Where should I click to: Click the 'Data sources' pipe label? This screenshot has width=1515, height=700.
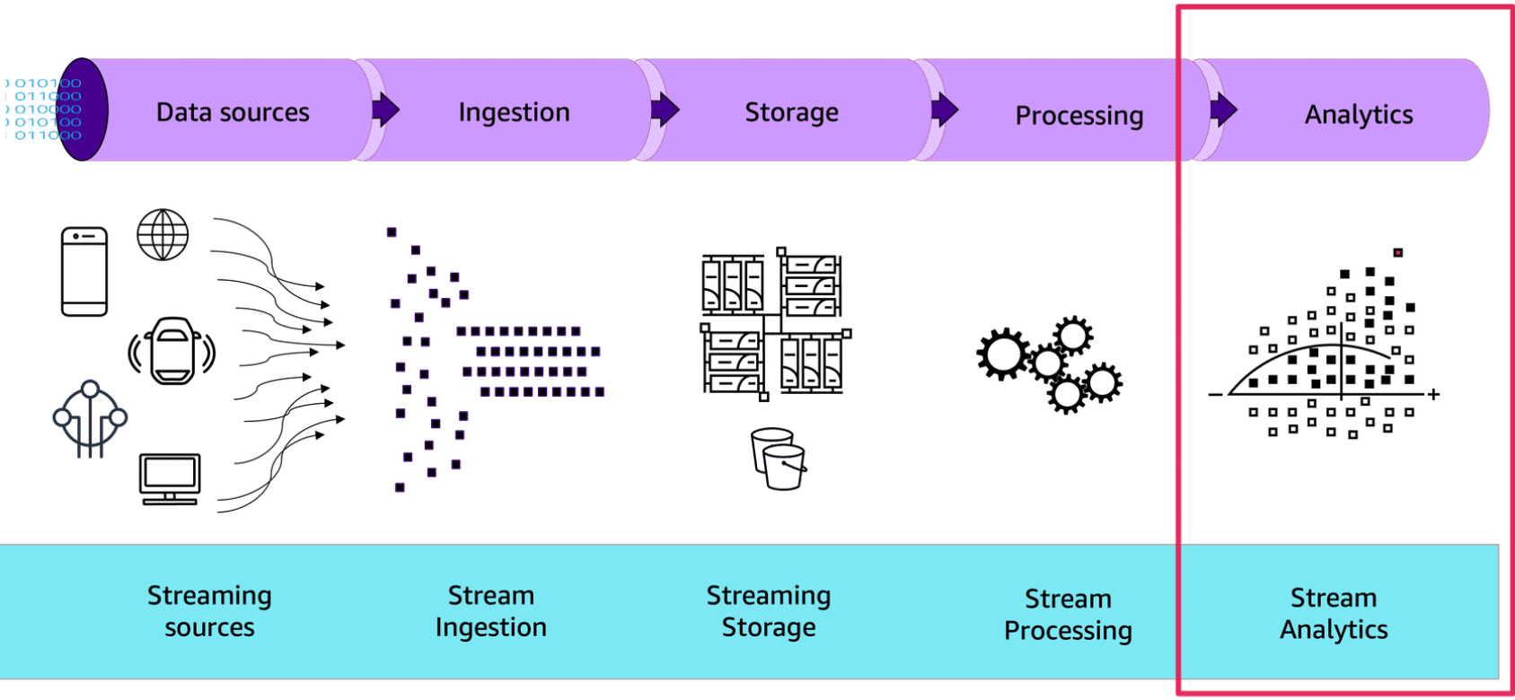point(233,112)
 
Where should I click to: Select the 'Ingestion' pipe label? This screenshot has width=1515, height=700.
point(514,112)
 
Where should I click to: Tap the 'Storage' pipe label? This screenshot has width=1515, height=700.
point(791,112)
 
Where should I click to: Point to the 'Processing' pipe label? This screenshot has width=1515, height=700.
point(1079,116)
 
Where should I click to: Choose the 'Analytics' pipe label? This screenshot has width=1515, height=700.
point(1358,115)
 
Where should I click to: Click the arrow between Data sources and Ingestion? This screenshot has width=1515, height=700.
point(385,110)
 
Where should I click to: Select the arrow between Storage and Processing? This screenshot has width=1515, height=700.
point(944,110)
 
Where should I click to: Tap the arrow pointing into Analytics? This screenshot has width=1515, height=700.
point(1223,110)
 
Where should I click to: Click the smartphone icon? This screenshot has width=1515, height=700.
point(84,271)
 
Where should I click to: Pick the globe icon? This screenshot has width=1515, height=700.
point(163,234)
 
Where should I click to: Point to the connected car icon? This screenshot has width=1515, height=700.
point(172,351)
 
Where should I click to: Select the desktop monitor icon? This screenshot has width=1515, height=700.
point(170,478)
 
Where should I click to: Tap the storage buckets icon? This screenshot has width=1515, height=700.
point(778,459)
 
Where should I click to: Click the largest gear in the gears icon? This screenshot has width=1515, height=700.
point(1002,354)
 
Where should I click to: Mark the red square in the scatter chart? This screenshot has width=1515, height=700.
point(1397,253)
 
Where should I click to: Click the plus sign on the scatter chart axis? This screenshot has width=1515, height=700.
point(1433,394)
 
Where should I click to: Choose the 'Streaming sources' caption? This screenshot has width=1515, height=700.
point(209,611)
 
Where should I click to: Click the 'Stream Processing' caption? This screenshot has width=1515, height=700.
point(1068,615)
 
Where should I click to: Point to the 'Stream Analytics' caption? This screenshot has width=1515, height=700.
point(1334,614)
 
